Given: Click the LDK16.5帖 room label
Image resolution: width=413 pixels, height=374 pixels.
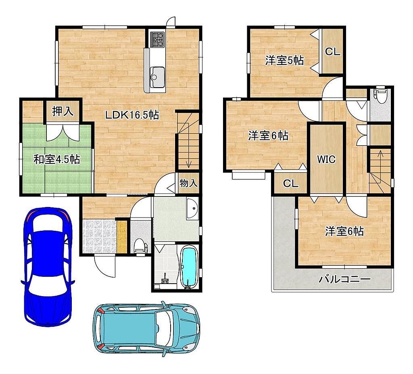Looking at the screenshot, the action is [132, 115].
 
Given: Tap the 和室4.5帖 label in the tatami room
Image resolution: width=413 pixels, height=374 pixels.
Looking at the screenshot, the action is [57, 159].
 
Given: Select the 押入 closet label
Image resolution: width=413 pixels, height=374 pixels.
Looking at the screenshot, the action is [63, 111].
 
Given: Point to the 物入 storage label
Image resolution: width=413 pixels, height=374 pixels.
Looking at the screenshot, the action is [189, 183].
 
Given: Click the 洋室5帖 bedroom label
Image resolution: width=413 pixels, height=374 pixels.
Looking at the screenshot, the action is [284, 61].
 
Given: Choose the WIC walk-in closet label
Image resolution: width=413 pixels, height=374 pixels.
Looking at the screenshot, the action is [326, 159].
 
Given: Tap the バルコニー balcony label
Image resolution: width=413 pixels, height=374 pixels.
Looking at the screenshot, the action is [345, 279].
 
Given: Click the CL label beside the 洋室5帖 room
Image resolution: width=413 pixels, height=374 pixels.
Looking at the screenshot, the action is [333, 52].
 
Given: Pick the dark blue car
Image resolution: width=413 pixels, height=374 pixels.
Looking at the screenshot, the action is [48, 267].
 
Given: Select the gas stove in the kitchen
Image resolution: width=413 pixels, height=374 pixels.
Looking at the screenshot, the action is [157, 40].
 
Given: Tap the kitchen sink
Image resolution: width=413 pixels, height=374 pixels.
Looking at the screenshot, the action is [157, 77].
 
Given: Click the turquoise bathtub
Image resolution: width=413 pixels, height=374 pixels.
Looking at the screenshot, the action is [190, 267].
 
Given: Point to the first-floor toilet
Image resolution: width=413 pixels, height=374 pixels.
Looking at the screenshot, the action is [141, 247].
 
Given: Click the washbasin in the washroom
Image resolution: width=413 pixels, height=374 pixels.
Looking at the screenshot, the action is [192, 209].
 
